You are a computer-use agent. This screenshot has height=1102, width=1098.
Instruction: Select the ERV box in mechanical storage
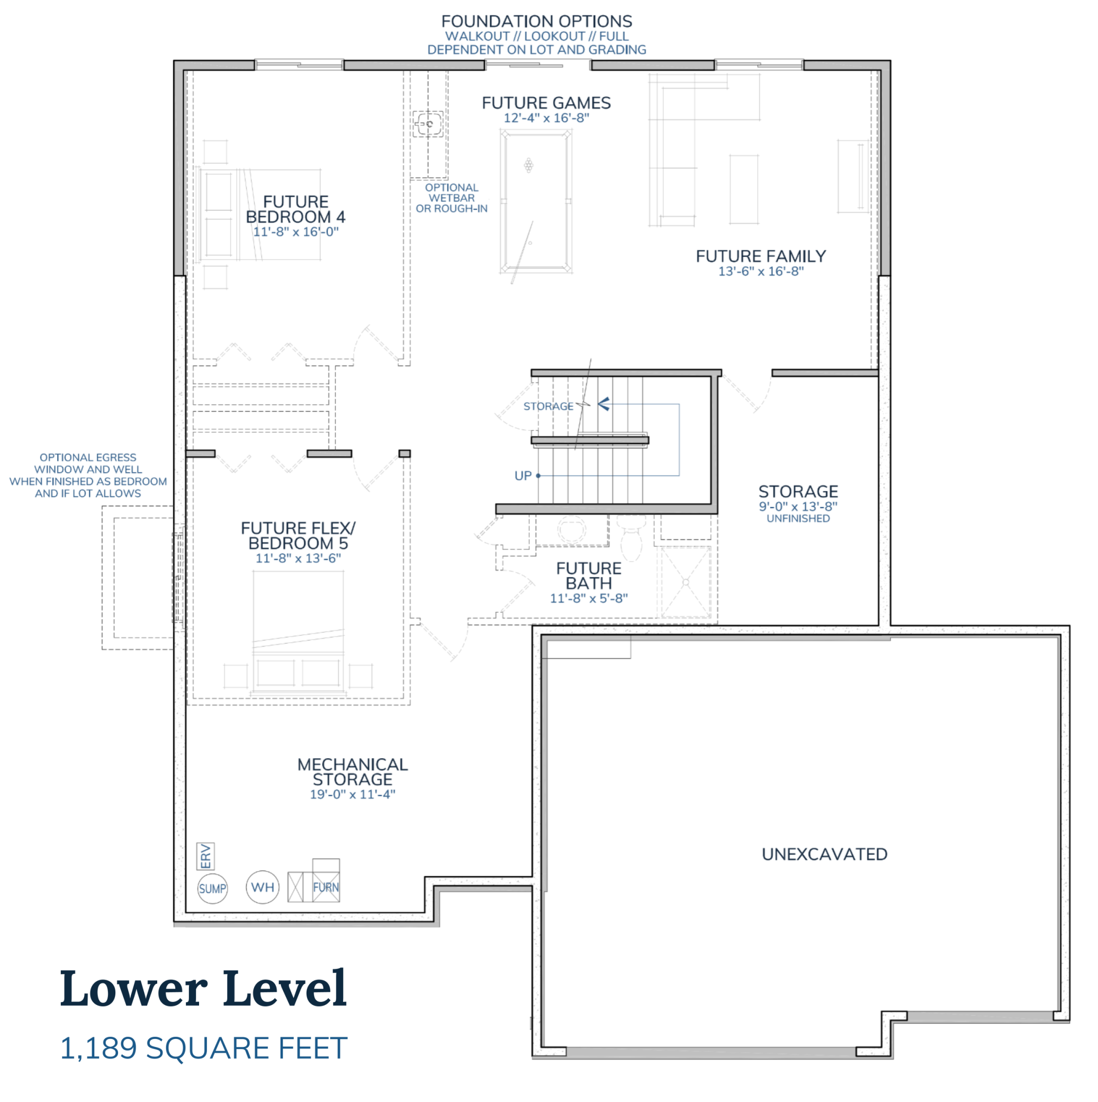click(x=205, y=856)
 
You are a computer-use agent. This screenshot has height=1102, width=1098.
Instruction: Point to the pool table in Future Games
click(x=536, y=201)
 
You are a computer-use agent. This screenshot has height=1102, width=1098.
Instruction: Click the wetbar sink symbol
click(x=428, y=123)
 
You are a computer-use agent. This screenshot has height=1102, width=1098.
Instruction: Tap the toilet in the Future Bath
click(x=631, y=539)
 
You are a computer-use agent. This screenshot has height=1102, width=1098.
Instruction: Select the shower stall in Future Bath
click(x=685, y=582)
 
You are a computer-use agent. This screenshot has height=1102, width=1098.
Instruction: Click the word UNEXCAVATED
click(x=824, y=854)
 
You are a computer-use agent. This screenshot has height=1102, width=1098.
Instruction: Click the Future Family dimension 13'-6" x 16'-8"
click(x=761, y=271)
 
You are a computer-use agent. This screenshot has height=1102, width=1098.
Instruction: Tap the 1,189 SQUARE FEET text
click(x=203, y=1048)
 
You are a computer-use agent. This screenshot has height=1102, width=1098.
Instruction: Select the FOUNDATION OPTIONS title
click(x=536, y=22)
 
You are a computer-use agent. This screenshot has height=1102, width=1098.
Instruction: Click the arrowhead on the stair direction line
click(x=604, y=404)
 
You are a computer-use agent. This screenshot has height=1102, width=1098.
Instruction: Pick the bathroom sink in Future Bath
click(x=571, y=529)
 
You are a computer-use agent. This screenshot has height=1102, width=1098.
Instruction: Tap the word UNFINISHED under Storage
click(x=798, y=519)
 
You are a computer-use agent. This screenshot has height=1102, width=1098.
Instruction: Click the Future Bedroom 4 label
click(x=295, y=209)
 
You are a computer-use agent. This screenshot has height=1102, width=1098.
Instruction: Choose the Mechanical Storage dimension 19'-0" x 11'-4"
click(x=352, y=795)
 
